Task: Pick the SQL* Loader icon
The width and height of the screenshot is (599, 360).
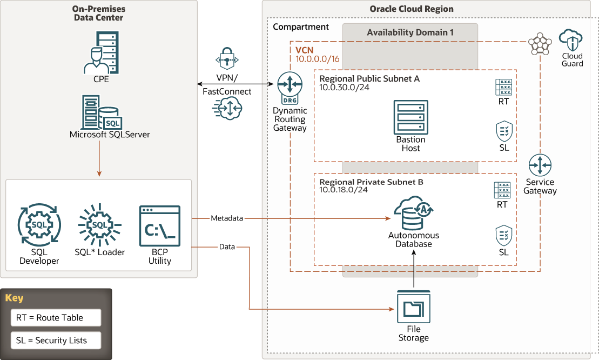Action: [99, 224]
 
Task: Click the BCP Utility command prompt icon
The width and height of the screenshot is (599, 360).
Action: [159, 226]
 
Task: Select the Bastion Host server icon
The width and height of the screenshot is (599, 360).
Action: [410, 117]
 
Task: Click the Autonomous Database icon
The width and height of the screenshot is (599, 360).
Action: [413, 214]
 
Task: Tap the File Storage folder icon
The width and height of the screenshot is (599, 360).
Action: [413, 306]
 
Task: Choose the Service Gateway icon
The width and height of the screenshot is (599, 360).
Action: [540, 165]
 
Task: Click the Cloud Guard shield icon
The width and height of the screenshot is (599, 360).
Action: [572, 41]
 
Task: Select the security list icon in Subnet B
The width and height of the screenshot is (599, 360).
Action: [503, 236]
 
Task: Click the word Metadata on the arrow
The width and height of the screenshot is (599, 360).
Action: [226, 218]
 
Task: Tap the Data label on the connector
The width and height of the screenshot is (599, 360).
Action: [227, 247]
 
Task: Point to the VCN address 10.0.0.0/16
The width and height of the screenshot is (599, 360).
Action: [318, 59]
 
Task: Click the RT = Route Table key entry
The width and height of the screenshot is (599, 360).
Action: [56, 318]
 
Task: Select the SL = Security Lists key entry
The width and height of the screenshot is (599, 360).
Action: [56, 341]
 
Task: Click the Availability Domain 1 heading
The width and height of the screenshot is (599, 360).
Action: [410, 32]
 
